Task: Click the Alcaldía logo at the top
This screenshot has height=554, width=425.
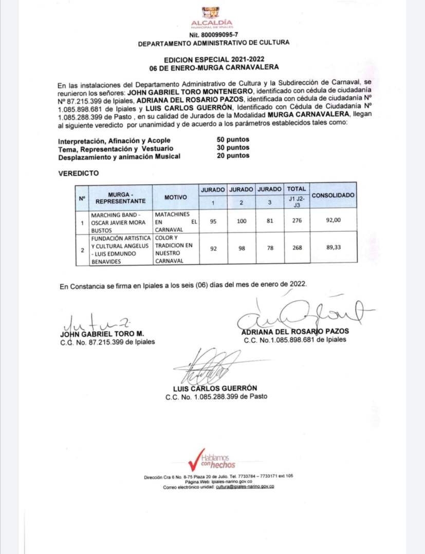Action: coord(211,16)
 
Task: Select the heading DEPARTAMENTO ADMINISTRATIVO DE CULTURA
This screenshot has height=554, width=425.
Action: coord(213,43)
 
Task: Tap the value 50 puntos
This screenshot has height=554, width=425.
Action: coord(233,140)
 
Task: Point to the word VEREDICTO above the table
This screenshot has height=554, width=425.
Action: coord(78,174)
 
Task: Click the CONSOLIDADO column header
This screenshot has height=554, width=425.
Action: coord(334,195)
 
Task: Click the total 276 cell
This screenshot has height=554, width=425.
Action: coord(296,221)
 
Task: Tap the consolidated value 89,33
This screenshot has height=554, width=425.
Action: coord(334,248)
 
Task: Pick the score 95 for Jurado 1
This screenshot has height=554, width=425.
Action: coord(213,221)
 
